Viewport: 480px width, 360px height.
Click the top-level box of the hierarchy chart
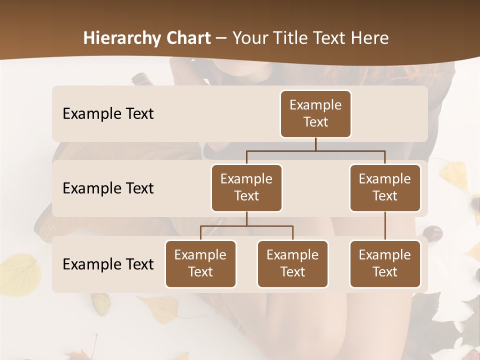pos(315,113)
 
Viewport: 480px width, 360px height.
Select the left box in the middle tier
pos(246,187)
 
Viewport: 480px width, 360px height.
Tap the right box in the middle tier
pos(385,187)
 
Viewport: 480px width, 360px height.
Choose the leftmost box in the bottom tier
pos(200,263)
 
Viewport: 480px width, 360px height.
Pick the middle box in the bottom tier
pos(292,263)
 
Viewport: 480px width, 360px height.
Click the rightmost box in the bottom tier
pos(385,263)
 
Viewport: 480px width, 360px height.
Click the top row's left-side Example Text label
pos(108,113)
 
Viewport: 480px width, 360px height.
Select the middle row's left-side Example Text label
pos(108,188)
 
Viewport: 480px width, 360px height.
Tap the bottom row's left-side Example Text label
pos(108,264)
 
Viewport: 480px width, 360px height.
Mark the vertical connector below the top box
pos(315,144)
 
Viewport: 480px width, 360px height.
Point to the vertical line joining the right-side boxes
pos(385,226)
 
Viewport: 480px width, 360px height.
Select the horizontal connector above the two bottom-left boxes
pos(246,226)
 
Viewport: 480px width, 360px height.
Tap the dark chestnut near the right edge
pos(432,233)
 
